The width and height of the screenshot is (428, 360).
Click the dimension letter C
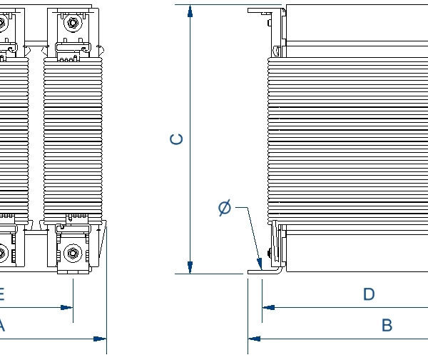click(177, 139)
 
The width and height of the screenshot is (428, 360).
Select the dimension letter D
click(369, 294)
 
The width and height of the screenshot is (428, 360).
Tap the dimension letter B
click(387, 326)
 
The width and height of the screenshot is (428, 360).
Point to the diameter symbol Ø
click(224, 208)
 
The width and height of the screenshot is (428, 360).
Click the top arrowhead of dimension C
click(190, 11)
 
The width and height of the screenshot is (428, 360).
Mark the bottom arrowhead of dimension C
click(190, 266)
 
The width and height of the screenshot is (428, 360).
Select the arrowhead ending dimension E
click(67, 307)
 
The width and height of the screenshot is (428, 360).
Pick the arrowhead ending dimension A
click(100, 338)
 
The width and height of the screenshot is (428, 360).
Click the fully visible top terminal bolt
click(72, 24)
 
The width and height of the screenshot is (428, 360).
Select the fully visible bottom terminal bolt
click(72, 252)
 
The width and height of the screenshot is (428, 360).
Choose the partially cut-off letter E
click(2, 294)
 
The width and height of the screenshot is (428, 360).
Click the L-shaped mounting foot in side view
click(257, 270)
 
